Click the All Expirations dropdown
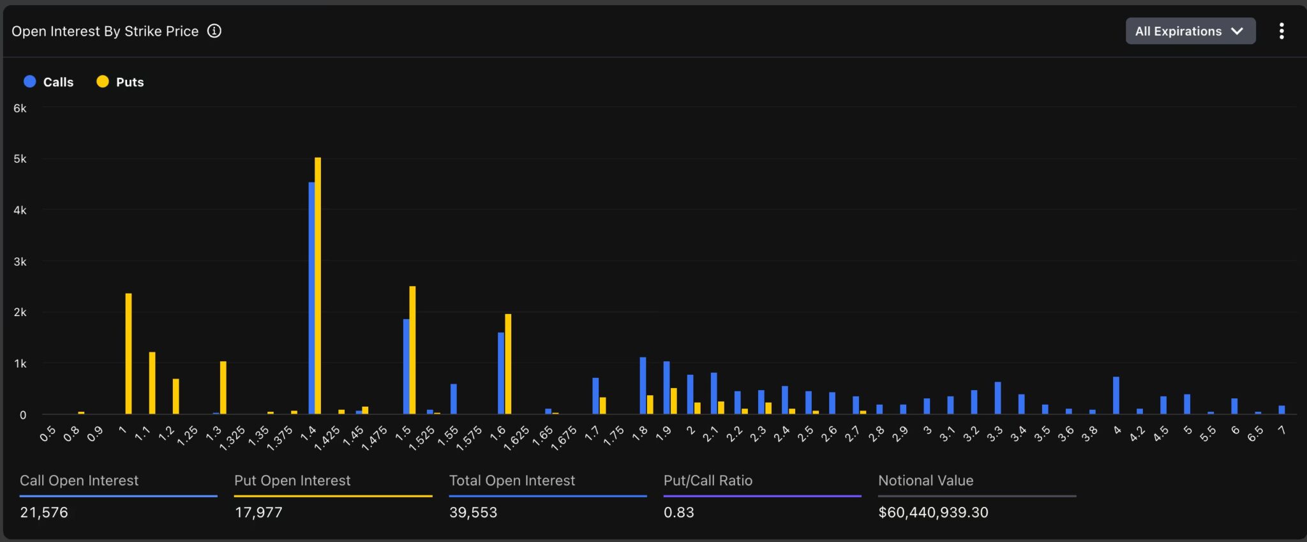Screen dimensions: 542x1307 point(1190,31)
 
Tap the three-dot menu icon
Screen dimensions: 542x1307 point(1281,31)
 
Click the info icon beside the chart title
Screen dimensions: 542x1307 point(214,31)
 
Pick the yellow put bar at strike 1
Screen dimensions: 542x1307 point(128,354)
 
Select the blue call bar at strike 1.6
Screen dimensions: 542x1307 point(501,373)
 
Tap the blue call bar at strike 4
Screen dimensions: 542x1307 point(1116,395)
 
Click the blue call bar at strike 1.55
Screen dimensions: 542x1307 point(454,399)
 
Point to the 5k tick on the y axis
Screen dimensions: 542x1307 point(20,159)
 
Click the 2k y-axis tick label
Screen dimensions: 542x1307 point(20,312)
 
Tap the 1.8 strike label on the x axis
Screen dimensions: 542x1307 point(639,433)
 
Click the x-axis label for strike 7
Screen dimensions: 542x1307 point(1281,431)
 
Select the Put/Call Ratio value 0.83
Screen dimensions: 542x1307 point(678,512)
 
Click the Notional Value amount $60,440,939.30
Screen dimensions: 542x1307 point(932,512)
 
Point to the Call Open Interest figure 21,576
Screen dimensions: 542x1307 point(44,512)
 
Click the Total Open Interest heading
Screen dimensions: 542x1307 point(512,480)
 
